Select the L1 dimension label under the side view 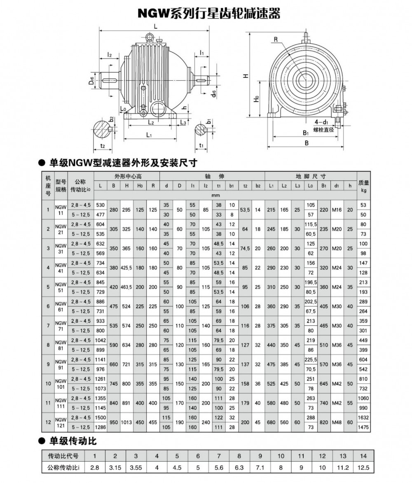(149, 135)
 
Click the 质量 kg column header (363, 186)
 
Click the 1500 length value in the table (101, 418)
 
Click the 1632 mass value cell (363, 418)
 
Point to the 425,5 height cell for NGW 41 (126, 268)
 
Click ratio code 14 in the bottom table (363, 456)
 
